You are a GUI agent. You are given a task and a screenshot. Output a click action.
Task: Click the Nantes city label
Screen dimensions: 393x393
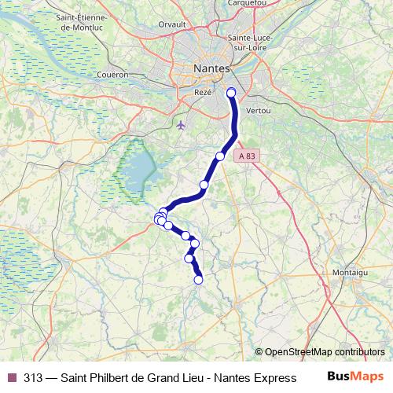click(x=211, y=69)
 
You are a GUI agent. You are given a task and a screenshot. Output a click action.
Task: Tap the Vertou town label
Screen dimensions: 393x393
click(x=259, y=111)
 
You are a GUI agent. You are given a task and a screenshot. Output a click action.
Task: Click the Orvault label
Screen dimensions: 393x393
click(x=171, y=24)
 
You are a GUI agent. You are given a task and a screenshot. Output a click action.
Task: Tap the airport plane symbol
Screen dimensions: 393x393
click(x=182, y=124)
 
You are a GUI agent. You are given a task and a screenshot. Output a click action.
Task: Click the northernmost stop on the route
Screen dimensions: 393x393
click(x=231, y=94)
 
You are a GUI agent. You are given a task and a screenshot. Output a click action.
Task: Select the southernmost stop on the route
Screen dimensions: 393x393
click(x=199, y=278)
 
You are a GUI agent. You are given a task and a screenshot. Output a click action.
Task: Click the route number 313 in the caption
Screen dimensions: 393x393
click(x=33, y=377)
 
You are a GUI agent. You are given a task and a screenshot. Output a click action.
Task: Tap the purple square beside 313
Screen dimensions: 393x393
click(x=13, y=377)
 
